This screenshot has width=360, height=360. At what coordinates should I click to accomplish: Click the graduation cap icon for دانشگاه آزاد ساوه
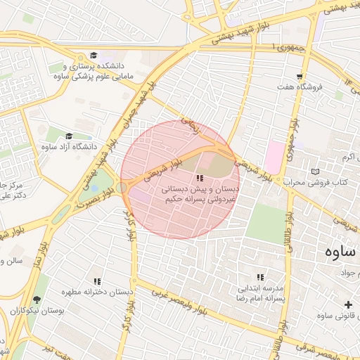pos(69,136)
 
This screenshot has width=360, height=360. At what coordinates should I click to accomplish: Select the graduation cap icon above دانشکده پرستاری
pos(94,56)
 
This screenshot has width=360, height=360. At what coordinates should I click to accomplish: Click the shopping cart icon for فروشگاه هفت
pos(300,77)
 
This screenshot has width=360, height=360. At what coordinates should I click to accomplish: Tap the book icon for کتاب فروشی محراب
pos(314,172)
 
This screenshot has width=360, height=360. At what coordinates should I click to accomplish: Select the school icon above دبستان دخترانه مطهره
pos(97,281)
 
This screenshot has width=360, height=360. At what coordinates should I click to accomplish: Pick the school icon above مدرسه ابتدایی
pos(260,278)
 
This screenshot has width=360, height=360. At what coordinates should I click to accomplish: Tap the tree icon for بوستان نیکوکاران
pos(37,300)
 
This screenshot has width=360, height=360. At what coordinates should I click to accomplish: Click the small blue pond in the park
pos(94,188)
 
